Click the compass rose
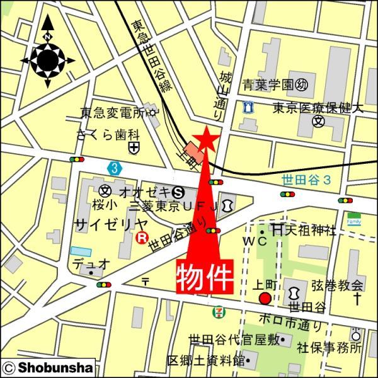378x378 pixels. point(48,60)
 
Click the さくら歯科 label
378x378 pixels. point(107,134)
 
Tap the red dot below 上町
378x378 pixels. point(265,298)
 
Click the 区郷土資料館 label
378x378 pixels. point(205,361)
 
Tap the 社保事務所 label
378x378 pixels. point(328,347)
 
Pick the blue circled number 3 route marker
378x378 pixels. point(113,168)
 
